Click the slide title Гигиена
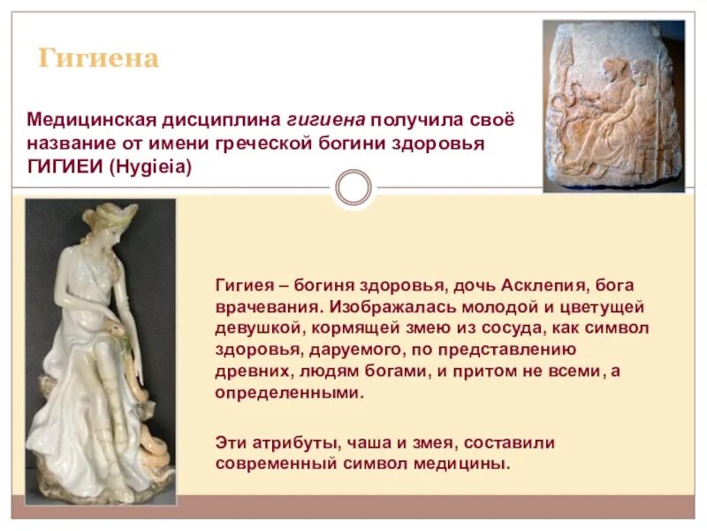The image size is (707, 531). coord(98,59)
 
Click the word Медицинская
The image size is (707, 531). coord(92,119)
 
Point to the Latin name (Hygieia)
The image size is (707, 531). coord(150,165)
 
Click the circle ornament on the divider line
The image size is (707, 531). coord(353,189)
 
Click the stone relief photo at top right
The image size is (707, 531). coord(613,106)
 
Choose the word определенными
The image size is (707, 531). coord(289,392)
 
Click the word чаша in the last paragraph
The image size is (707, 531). coord(343,442)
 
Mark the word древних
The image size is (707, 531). coord(247,372)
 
